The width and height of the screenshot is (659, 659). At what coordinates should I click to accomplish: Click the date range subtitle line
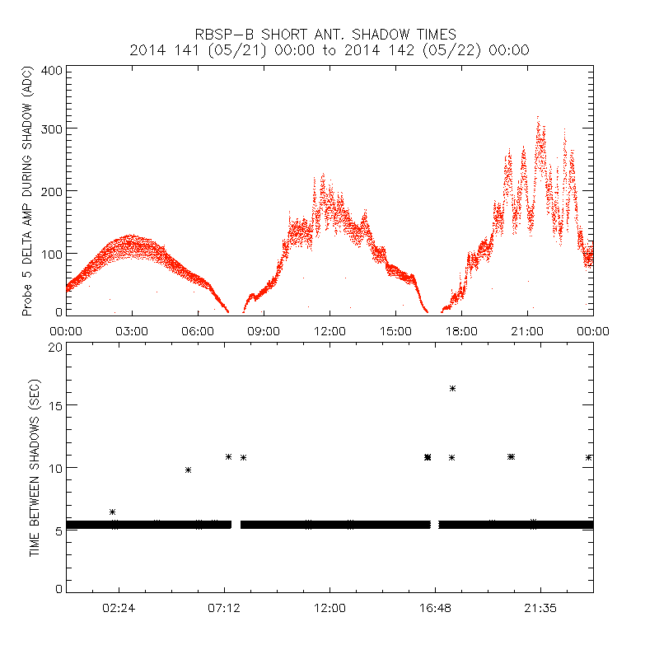(x=329, y=50)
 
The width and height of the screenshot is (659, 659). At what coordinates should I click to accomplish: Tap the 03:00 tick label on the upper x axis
(x=132, y=330)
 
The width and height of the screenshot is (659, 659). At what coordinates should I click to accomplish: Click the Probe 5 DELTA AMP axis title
(x=27, y=193)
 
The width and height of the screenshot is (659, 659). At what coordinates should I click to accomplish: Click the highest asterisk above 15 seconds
(x=452, y=388)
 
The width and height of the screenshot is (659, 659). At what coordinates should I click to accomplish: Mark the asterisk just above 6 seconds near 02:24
(x=112, y=512)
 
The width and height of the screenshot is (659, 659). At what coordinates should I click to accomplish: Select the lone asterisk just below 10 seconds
(x=188, y=470)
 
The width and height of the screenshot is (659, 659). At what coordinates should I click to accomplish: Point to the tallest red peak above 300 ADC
(x=538, y=119)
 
